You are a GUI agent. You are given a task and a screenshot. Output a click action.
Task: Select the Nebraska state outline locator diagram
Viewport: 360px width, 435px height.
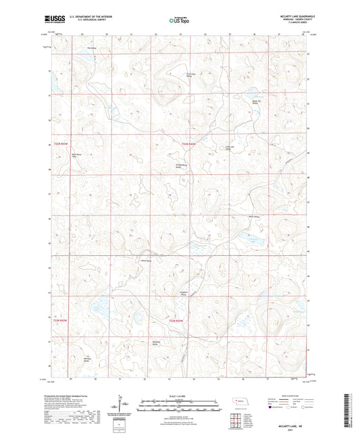242,403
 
